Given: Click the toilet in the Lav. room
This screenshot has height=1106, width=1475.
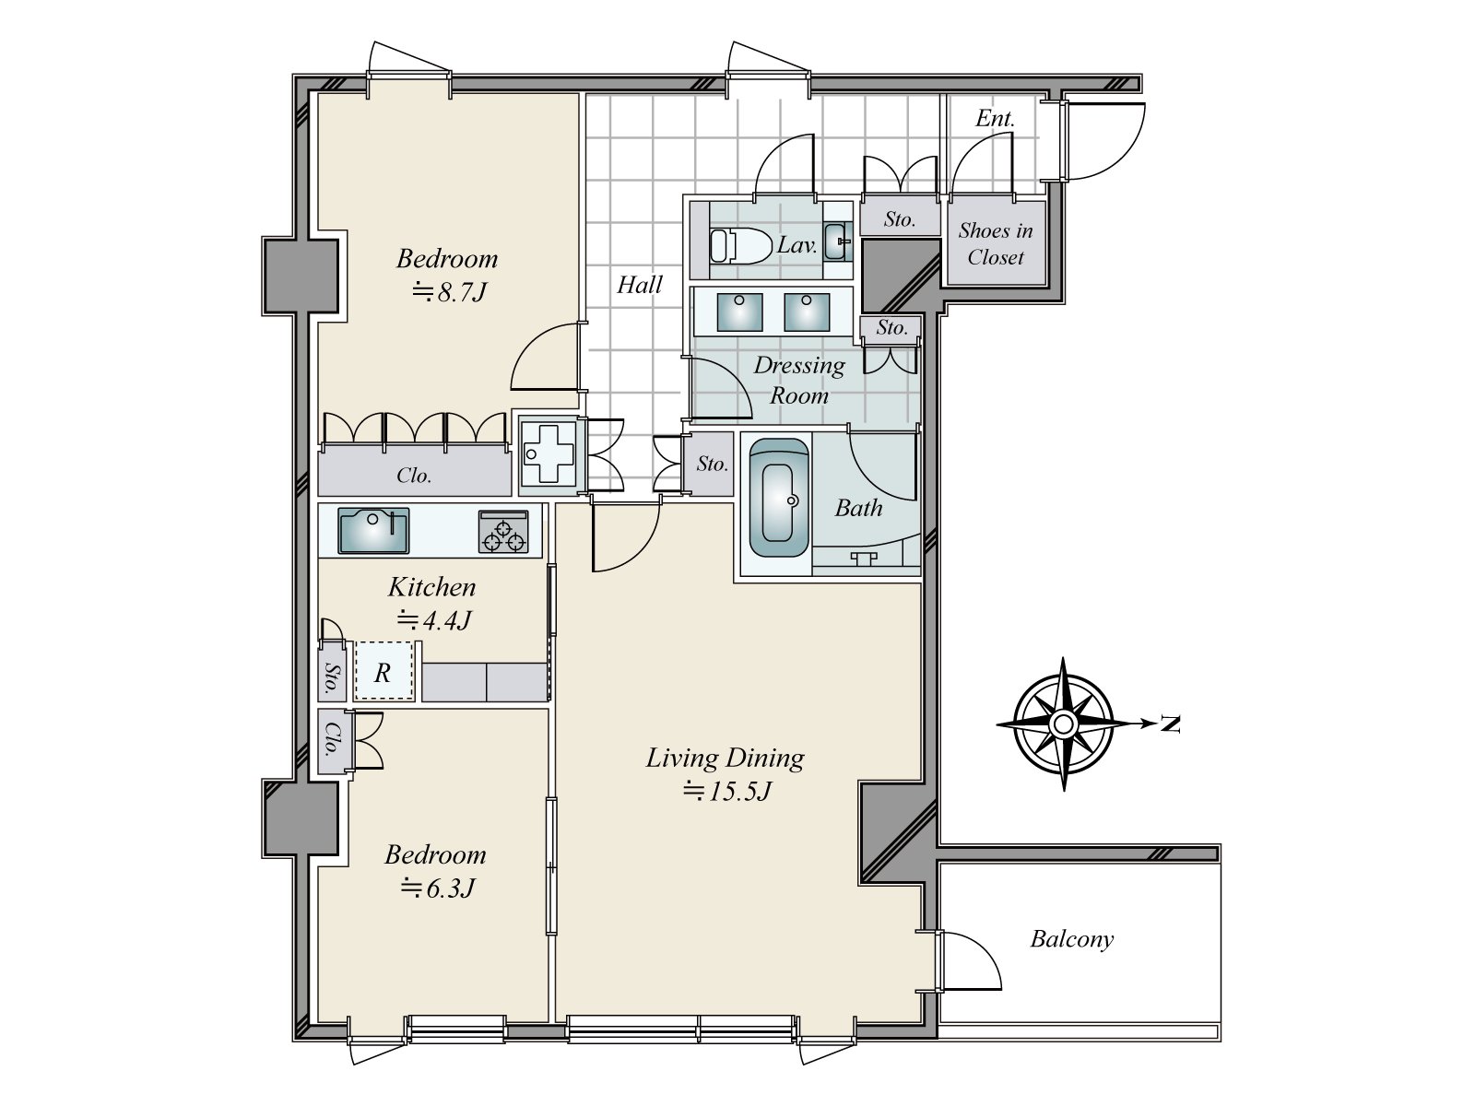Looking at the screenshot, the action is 740,246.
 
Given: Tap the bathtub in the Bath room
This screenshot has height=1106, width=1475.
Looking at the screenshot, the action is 779,499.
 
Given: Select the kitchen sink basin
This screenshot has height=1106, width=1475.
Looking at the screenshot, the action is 373,531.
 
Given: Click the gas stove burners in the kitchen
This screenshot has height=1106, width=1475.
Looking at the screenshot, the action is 503,531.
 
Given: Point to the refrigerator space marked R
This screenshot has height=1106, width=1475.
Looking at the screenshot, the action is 383,672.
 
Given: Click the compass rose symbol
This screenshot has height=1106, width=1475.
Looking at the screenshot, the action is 1063,724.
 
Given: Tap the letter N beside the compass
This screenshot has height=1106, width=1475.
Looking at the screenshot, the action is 1170,724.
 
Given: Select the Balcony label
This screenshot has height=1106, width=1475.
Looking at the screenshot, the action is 1072,939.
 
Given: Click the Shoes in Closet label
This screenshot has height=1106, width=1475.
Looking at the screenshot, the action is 996,243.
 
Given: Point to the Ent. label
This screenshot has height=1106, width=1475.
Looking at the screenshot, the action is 995,119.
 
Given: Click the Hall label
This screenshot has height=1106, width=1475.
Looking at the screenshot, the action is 640,285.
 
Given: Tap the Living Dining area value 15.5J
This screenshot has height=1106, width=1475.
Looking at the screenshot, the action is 726,792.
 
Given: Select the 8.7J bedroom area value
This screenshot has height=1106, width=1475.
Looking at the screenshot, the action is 448,292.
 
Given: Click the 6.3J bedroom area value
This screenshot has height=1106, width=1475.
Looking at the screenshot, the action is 438,888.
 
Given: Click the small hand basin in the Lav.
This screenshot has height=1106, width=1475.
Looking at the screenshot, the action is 837,241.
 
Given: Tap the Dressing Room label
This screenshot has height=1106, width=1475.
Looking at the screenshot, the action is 799,380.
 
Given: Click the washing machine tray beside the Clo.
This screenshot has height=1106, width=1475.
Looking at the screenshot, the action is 549,454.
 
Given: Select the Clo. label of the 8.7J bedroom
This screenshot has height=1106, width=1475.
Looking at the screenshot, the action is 414,476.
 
